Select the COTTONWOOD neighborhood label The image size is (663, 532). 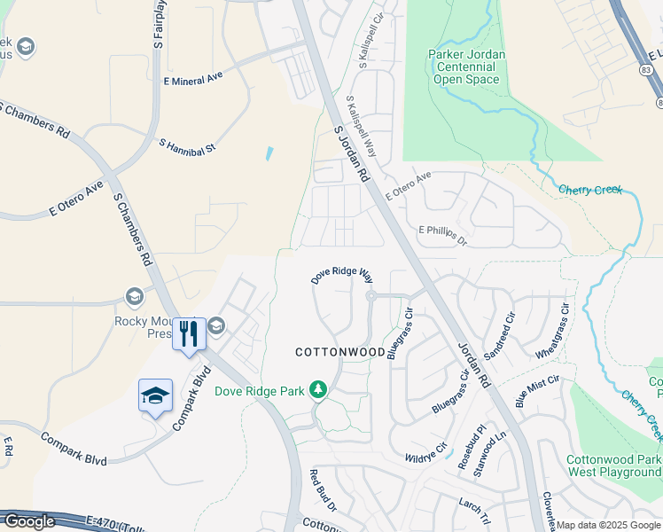339,352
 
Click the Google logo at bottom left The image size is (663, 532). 28,520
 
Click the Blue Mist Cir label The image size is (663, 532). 537,392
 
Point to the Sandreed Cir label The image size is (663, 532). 499,333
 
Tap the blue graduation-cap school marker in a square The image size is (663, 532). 155,395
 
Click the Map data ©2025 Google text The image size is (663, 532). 608,525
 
